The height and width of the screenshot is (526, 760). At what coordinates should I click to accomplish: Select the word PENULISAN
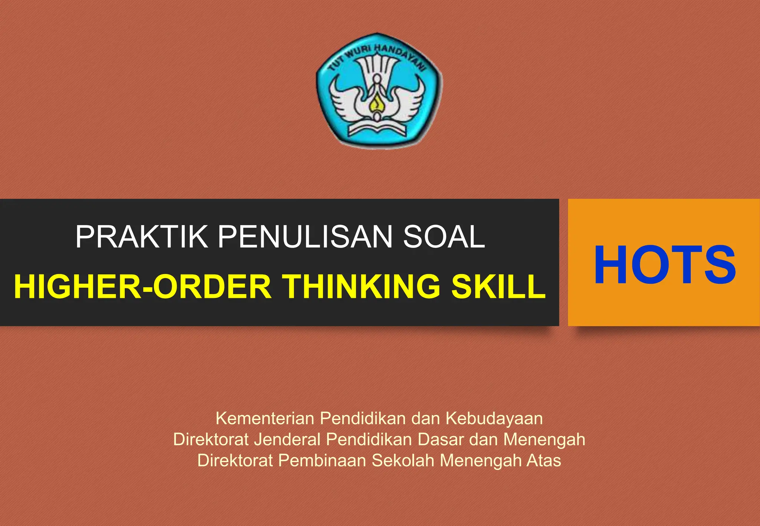(305, 237)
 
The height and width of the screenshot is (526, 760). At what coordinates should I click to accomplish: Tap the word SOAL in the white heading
(444, 237)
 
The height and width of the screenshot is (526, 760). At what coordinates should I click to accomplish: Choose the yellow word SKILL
(498, 286)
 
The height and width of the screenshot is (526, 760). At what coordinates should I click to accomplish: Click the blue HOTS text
(665, 265)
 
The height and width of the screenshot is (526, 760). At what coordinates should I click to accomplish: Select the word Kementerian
(265, 418)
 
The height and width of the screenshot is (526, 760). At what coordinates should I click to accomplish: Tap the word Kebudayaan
(494, 418)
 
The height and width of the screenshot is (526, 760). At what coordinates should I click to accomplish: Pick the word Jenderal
(287, 440)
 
